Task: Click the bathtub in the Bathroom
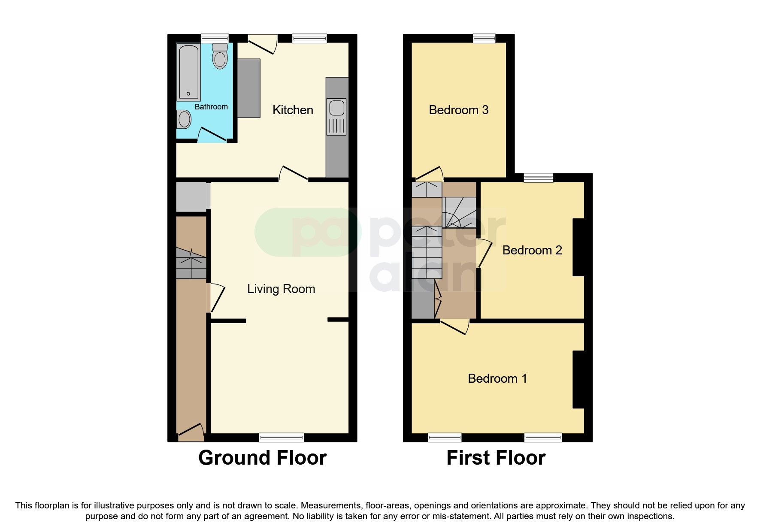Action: (188, 72)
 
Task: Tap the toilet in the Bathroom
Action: (220, 57)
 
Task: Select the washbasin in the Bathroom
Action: (184, 119)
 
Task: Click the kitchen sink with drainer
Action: (336, 117)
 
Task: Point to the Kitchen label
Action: (293, 110)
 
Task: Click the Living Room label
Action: (281, 289)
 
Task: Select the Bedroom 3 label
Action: (459, 110)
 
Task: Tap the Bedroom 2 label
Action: (532, 250)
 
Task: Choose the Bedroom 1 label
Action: (497, 378)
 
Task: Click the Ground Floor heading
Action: (262, 458)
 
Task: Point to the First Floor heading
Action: (496, 458)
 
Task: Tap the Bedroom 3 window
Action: (484, 38)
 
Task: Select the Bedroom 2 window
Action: (538, 177)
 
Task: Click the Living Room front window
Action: (282, 437)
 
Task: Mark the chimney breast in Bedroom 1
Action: (578, 379)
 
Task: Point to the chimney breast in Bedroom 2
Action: (578, 247)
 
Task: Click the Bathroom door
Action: (212, 134)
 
